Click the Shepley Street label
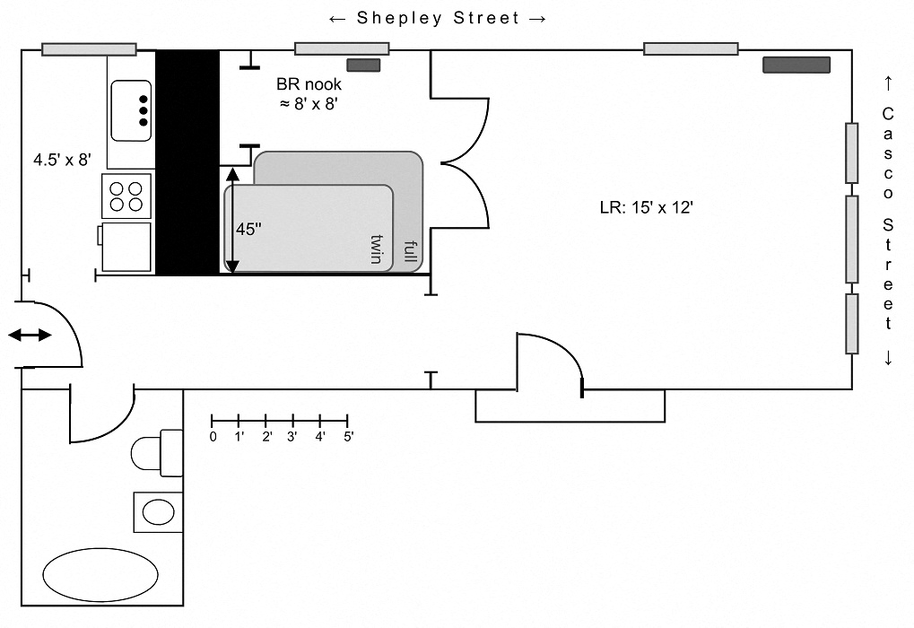(x=438, y=19)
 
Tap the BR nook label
(x=309, y=84)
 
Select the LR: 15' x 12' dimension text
(x=647, y=207)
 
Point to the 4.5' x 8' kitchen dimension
(x=62, y=160)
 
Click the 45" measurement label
(x=248, y=229)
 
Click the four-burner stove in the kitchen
(x=126, y=196)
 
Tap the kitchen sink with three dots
(x=131, y=110)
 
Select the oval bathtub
(x=100, y=574)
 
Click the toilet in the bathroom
(x=156, y=453)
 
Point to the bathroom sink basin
(x=159, y=512)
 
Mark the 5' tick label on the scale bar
(x=349, y=437)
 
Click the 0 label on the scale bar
(x=213, y=437)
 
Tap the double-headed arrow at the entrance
(x=30, y=335)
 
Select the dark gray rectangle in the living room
(x=796, y=65)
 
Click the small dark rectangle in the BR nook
(x=364, y=65)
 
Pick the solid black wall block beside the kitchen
(x=187, y=162)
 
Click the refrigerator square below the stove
(x=126, y=248)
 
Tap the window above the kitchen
(x=89, y=49)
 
